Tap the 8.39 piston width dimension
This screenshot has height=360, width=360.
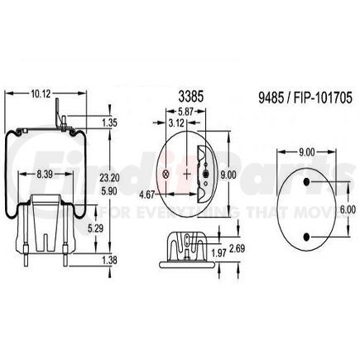(x=46, y=175)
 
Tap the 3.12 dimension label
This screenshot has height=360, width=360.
(x=176, y=122)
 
